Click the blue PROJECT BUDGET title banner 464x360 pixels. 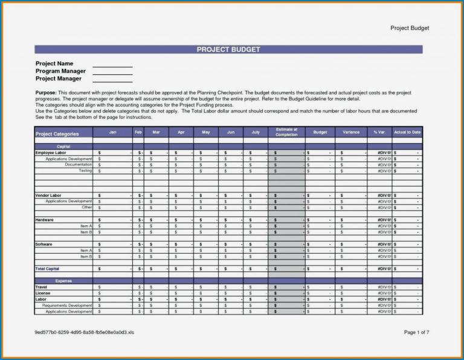coord(228,50)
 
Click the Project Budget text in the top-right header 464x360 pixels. coord(410,28)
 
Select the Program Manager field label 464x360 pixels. coord(60,71)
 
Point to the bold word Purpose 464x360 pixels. coord(46,92)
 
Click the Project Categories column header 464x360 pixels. coord(57,134)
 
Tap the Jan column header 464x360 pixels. coord(112,132)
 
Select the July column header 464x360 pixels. coord(255,132)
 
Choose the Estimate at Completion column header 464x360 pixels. coord(286,132)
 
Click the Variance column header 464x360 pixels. coord(351,132)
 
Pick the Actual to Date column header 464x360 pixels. coord(407,132)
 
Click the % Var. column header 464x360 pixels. coord(379,132)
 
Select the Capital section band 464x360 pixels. coord(63,147)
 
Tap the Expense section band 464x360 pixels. coord(63,281)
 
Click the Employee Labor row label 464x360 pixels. coord(50,153)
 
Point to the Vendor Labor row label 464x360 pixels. coord(48,196)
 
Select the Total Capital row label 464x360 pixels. coord(48,269)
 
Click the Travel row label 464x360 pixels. coord(42,288)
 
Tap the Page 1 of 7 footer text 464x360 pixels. coord(416,333)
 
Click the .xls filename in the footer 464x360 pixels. coord(85,333)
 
